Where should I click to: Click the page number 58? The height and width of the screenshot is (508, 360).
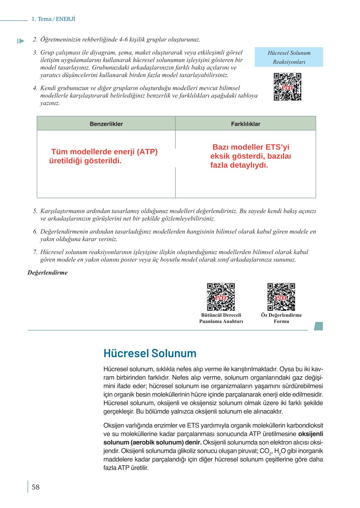coord(36,487)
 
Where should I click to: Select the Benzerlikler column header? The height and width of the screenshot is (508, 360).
coord(106,124)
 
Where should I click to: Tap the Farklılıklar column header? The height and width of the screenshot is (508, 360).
coord(246,124)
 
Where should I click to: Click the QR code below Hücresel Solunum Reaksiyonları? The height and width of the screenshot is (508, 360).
coord(287,87)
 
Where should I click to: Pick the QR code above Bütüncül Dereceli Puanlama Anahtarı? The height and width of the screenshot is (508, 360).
coord(221,297)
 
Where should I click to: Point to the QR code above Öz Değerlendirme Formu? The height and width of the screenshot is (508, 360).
coord(281,297)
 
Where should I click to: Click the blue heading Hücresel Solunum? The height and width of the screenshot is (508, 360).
coord(150,353)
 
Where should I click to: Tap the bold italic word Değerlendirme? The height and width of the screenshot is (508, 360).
coord(48,273)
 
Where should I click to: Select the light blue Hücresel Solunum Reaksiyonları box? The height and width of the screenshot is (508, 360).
coord(289,57)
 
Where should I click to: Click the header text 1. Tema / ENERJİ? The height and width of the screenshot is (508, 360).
coord(53,19)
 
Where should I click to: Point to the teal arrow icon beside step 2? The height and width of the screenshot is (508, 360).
coord(21,41)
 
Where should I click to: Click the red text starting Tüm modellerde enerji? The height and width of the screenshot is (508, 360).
coord(103,156)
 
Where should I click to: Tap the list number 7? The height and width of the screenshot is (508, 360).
coord(35,252)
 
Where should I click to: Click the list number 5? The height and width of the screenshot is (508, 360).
coord(35,211)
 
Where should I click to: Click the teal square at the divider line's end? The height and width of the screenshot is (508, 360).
coord(319,326)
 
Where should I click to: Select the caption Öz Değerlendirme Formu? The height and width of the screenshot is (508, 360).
coord(281,318)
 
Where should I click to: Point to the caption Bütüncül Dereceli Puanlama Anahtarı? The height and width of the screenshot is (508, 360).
coord(221,318)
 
